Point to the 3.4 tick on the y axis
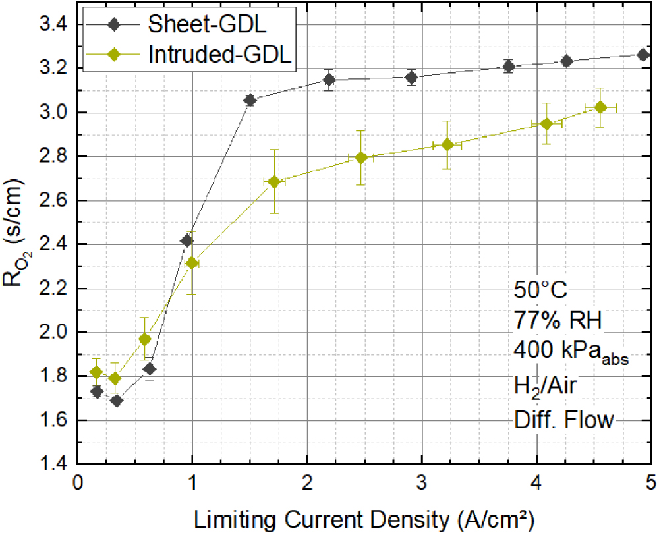point(55,24)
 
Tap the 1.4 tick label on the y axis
point(55,464)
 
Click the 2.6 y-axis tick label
point(55,200)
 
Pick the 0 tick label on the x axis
point(78,483)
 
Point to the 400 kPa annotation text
point(570,356)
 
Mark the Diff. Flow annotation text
point(563,420)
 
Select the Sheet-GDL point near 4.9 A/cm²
point(643,55)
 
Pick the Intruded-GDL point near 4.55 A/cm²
point(600,107)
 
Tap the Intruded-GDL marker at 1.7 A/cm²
point(274,182)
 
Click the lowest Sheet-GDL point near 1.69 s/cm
point(117,401)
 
